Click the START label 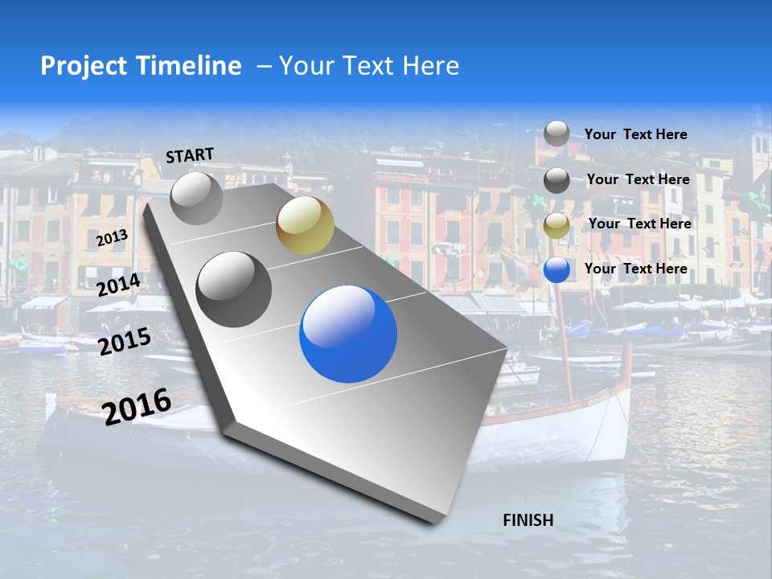[x=190, y=154]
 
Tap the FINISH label [x=528, y=519]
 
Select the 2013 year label [x=112, y=238]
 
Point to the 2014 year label [x=118, y=285]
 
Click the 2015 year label [x=124, y=342]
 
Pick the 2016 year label [x=137, y=406]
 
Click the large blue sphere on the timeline [x=348, y=335]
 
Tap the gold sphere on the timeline [x=305, y=224]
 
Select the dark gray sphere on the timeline [x=234, y=289]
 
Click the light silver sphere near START [x=196, y=198]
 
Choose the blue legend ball [x=556, y=270]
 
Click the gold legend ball [x=556, y=226]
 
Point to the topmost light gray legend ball [x=556, y=133]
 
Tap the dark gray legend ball [x=556, y=181]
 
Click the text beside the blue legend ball [x=635, y=269]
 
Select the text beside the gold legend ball [x=639, y=224]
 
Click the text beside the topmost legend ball [x=635, y=134]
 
